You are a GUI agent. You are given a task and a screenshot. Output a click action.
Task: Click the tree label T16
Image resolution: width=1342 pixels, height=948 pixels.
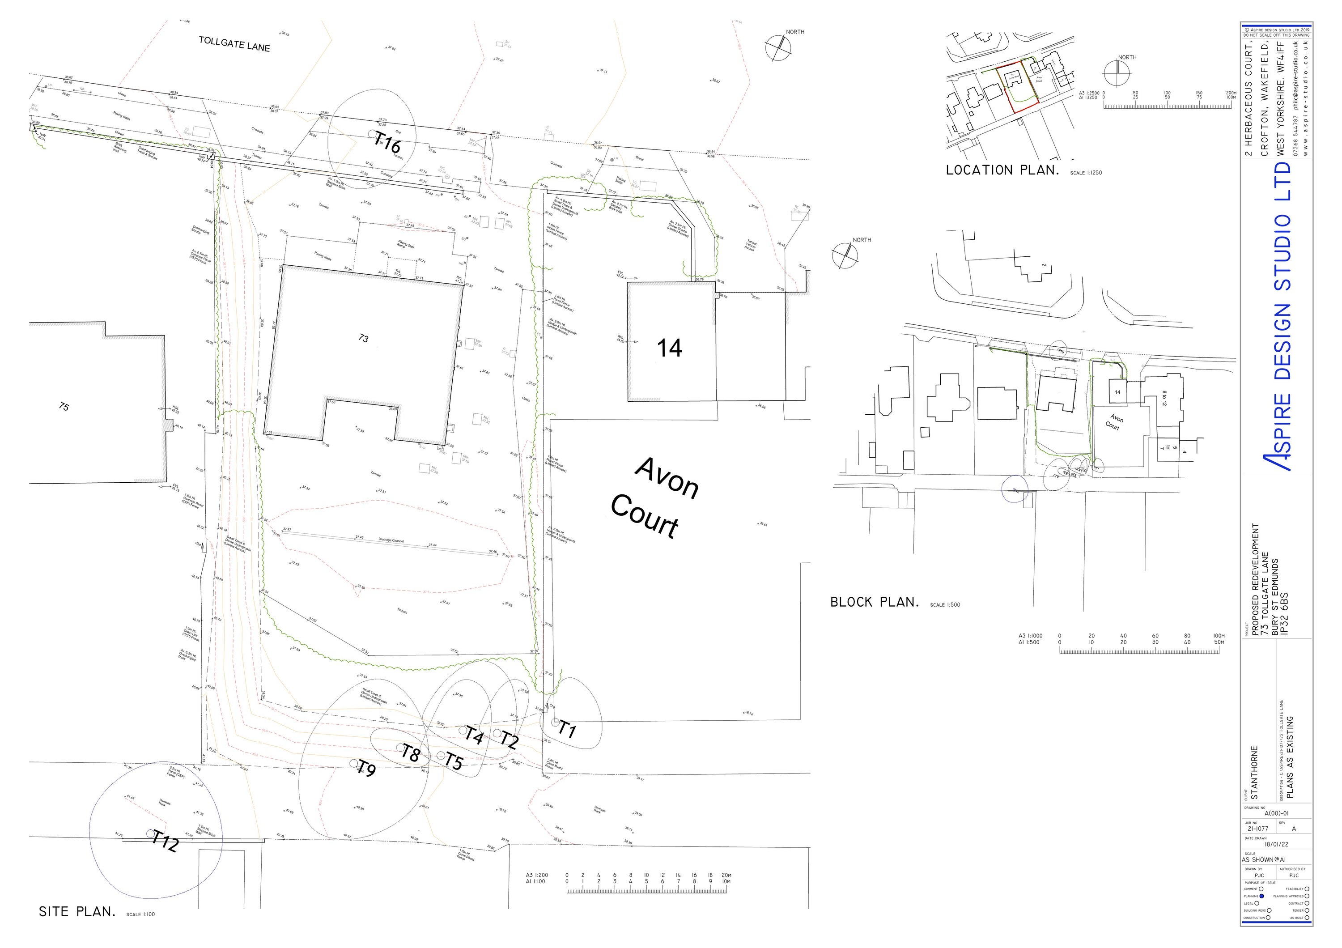387,142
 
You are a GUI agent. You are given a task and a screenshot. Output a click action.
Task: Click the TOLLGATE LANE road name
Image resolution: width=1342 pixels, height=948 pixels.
234,44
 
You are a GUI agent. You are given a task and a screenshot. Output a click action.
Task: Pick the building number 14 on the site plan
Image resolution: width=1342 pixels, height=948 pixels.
669,349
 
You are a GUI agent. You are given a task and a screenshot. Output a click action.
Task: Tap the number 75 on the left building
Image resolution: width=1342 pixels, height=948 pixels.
64,406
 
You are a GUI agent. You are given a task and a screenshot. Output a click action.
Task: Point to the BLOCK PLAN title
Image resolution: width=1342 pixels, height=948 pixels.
875,603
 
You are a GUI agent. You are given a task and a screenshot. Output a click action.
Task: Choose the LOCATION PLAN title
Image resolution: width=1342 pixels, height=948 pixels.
1002,170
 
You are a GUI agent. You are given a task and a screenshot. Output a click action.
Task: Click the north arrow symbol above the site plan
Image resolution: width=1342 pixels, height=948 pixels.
777,48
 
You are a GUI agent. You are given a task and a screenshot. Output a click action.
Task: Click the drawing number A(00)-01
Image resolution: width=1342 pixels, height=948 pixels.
1277,813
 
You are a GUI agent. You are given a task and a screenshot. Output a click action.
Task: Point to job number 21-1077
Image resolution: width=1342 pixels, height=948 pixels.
1258,829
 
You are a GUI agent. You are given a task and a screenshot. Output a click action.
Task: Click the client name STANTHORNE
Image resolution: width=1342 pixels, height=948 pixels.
1254,773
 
